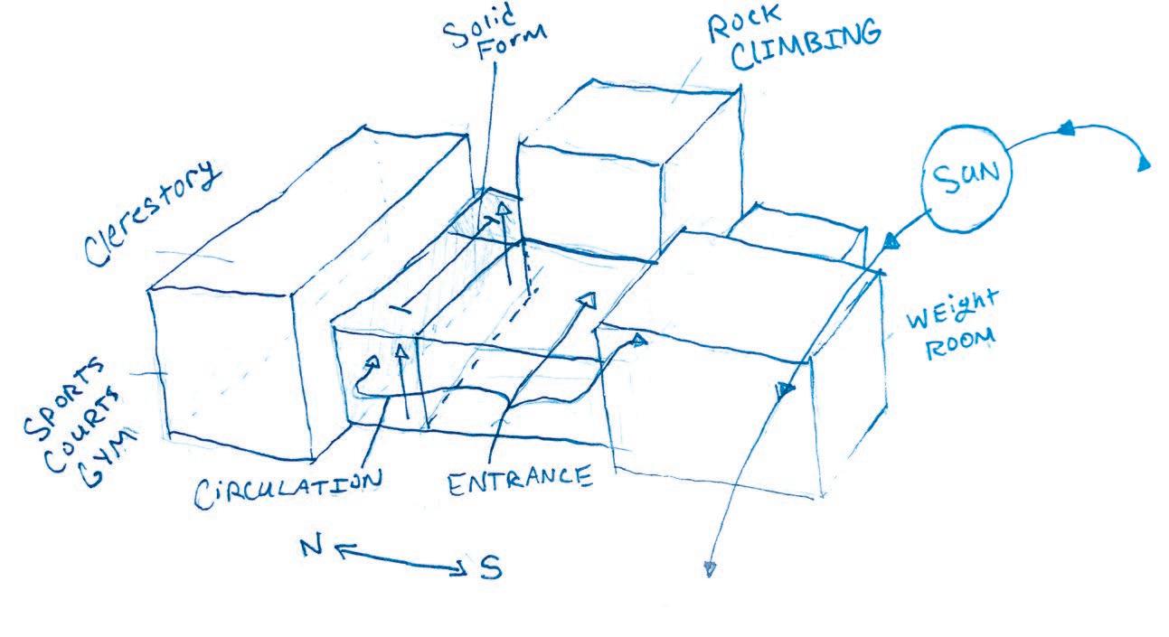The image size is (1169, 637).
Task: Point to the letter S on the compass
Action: click(488, 568)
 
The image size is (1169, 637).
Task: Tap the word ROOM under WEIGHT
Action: click(963, 344)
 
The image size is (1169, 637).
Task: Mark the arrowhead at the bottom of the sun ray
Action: click(710, 568)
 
